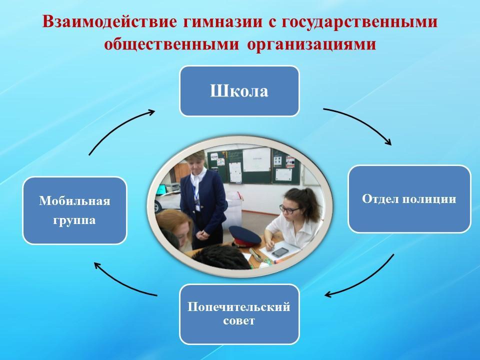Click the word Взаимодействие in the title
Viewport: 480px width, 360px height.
point(109,21)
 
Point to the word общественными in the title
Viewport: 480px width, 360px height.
point(171,44)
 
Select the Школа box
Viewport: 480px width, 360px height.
point(239,91)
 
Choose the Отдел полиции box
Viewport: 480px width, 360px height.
point(409,199)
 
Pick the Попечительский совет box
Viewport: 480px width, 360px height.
point(239,314)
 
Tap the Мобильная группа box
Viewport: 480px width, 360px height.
point(74,210)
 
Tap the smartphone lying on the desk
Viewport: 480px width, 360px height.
point(280,252)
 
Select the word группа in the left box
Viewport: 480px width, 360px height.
point(74,220)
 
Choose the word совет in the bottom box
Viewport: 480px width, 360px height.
point(239,321)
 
